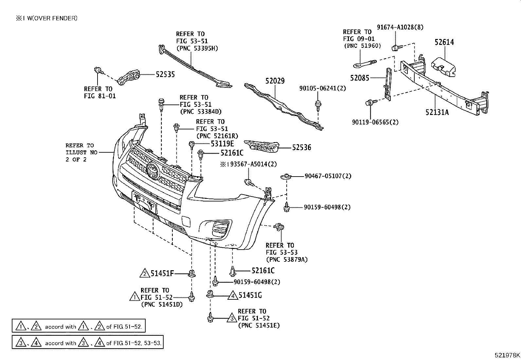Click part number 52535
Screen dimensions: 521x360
[x=165, y=74]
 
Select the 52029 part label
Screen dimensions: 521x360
[x=275, y=81]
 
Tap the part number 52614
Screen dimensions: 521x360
[x=444, y=42]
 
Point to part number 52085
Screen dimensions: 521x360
[x=360, y=78]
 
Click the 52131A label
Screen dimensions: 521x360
[x=437, y=112]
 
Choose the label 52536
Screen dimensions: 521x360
[x=301, y=147]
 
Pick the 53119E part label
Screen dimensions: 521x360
[x=222, y=143]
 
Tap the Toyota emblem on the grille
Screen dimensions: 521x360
[x=153, y=171]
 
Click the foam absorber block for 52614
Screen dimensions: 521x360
[x=443, y=66]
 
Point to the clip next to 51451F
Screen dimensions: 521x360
[x=192, y=274]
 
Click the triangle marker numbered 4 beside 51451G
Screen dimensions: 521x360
[x=233, y=295]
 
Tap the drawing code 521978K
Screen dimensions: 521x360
[x=507, y=355]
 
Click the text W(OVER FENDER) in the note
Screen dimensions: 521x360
[x=52, y=18]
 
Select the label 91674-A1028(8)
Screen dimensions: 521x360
[x=400, y=27]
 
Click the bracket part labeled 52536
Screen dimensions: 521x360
[x=261, y=146]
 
